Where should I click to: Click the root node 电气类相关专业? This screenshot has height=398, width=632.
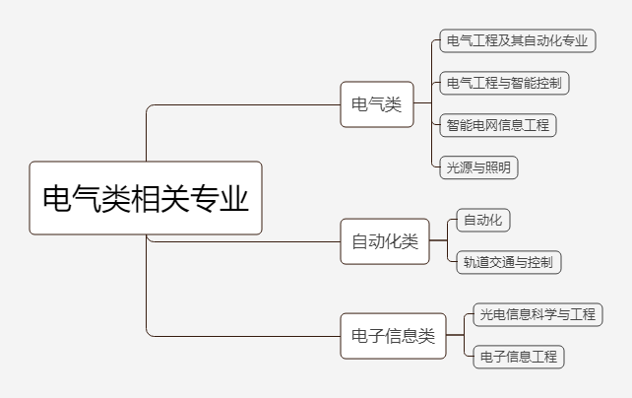pyautogui.click(x=146, y=199)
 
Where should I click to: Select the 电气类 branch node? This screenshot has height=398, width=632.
pyautogui.click(x=377, y=104)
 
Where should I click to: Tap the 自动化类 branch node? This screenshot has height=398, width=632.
pyautogui.click(x=385, y=241)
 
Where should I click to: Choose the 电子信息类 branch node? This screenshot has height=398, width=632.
pyautogui.click(x=393, y=336)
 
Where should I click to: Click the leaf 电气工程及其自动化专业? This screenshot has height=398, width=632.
pyautogui.click(x=516, y=41)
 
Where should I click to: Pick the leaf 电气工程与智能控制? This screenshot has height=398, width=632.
pyautogui.click(x=504, y=83)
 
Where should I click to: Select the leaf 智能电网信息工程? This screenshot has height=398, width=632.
pyautogui.click(x=498, y=125)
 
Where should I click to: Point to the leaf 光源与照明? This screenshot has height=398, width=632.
pyautogui.click(x=478, y=166)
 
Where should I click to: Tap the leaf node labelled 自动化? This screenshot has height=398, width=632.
pyautogui.click(x=482, y=220)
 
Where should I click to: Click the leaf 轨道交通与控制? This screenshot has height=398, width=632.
pyautogui.click(x=509, y=262)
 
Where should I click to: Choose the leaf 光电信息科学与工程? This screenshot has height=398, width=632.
pyautogui.click(x=536, y=314)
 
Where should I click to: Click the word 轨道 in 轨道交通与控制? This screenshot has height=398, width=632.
pyautogui.click(x=474, y=262)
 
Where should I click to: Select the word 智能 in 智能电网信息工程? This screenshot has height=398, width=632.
pyautogui.click(x=458, y=125)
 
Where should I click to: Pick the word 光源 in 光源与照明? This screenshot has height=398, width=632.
pyautogui.click(x=458, y=166)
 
